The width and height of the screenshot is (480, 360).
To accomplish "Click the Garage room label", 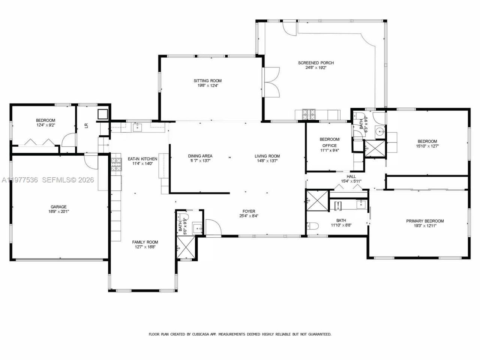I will pyautogui.click(x=58, y=207).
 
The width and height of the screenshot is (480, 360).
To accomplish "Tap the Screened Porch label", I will pyautogui.click(x=316, y=63).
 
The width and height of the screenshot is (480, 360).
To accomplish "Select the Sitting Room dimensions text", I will pyautogui.click(x=207, y=85).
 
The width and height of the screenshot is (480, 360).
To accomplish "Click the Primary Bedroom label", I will pyautogui.click(x=425, y=221).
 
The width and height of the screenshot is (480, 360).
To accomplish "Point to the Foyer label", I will pyautogui.click(x=249, y=211).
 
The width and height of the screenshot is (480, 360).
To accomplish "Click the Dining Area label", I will pyautogui.click(x=200, y=156).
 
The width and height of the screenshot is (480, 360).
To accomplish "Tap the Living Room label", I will pyautogui.click(x=267, y=156).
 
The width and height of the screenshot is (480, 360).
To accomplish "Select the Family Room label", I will pyautogui.click(x=145, y=242).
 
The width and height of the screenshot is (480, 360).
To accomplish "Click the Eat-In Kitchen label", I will pyautogui.click(x=142, y=159).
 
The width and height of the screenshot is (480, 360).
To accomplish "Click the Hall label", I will pyautogui.click(x=351, y=176).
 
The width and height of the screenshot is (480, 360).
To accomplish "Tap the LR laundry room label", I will pyautogui.click(x=86, y=126).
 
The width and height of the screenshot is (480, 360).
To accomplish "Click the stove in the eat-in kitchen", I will pyautogui.click(x=116, y=164).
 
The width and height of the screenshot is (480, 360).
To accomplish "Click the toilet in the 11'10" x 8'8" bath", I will pyautogui.click(x=313, y=226).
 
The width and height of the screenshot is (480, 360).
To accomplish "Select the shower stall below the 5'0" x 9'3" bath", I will pyautogui.click(x=186, y=248).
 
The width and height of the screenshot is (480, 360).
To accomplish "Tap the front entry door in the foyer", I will pyautogui.click(x=212, y=227).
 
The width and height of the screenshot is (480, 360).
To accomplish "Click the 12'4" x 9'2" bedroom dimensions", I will pyautogui.click(x=45, y=125).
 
